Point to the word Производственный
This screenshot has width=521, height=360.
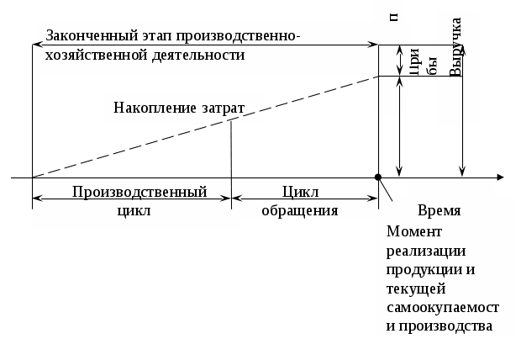tap(139, 192)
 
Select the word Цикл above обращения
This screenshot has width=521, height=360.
tap(300, 192)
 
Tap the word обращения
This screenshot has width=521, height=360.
tap(300, 210)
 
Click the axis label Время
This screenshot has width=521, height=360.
tap(439, 210)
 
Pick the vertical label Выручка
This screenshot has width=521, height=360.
tap(455, 47)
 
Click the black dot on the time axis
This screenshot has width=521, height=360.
tap(379, 177)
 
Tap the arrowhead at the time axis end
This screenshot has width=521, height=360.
tap(499, 177)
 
